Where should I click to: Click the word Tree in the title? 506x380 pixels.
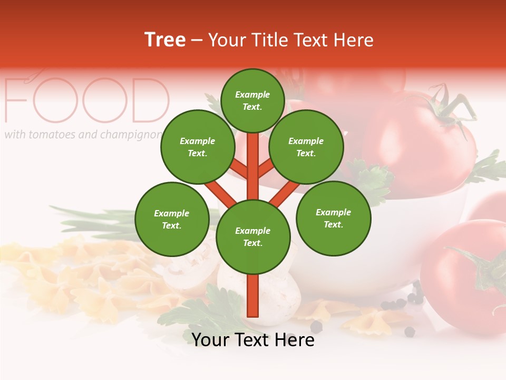pos(165,40)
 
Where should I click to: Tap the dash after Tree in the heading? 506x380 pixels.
pos(197,41)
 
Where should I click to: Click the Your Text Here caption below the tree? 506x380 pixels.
pos(253,340)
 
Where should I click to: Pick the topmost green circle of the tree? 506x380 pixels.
pos(252,100)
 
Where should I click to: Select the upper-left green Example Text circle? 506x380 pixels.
pos(197,147)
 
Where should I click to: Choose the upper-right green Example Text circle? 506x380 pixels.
pos(306,147)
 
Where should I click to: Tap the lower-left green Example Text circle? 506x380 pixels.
pos(171,219)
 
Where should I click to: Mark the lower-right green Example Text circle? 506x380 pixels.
pos(333,218)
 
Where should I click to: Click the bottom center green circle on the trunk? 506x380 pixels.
pos(253,236)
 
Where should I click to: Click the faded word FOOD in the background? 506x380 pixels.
pos(87,100)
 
